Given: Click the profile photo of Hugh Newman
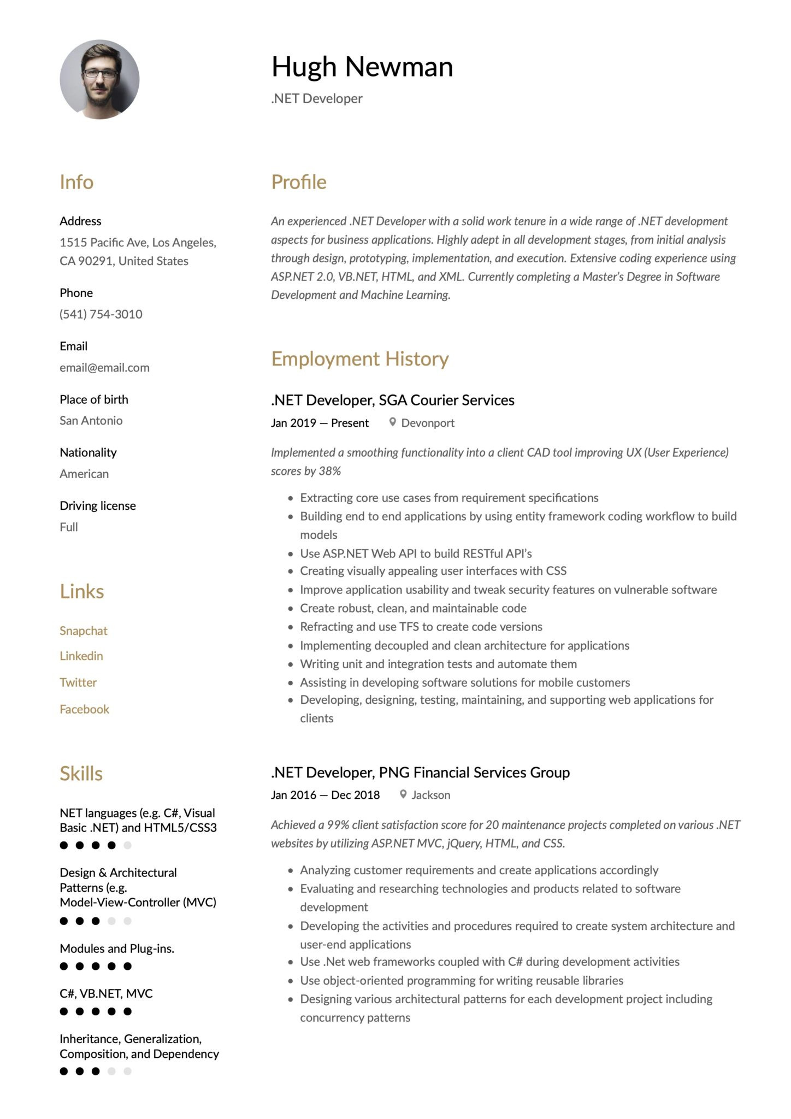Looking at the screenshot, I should click(99, 80).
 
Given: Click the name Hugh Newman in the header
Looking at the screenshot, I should click(362, 67).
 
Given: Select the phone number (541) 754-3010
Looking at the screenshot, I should click(101, 314).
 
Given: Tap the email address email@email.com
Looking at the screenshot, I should click(104, 368).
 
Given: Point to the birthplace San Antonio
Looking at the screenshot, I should click(91, 421).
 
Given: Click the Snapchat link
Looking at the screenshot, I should click(84, 631).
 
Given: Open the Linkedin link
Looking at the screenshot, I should click(81, 656).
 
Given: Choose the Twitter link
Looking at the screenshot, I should click(78, 682).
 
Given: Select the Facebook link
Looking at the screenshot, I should click(85, 709).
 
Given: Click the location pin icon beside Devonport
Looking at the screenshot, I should click(392, 422).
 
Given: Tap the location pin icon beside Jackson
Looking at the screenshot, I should click(403, 794).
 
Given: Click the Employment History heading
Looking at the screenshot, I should click(360, 359).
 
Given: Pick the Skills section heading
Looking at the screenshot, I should click(81, 774).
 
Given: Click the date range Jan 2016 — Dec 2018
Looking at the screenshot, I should click(325, 795).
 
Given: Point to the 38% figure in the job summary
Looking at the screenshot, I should click(329, 471).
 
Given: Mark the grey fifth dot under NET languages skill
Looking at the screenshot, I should click(127, 845).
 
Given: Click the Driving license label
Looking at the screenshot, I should click(98, 506).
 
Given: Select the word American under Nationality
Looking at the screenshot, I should click(84, 474).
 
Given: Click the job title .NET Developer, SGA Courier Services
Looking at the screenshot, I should click(392, 401).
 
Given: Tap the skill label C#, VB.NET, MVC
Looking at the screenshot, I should click(106, 993).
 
